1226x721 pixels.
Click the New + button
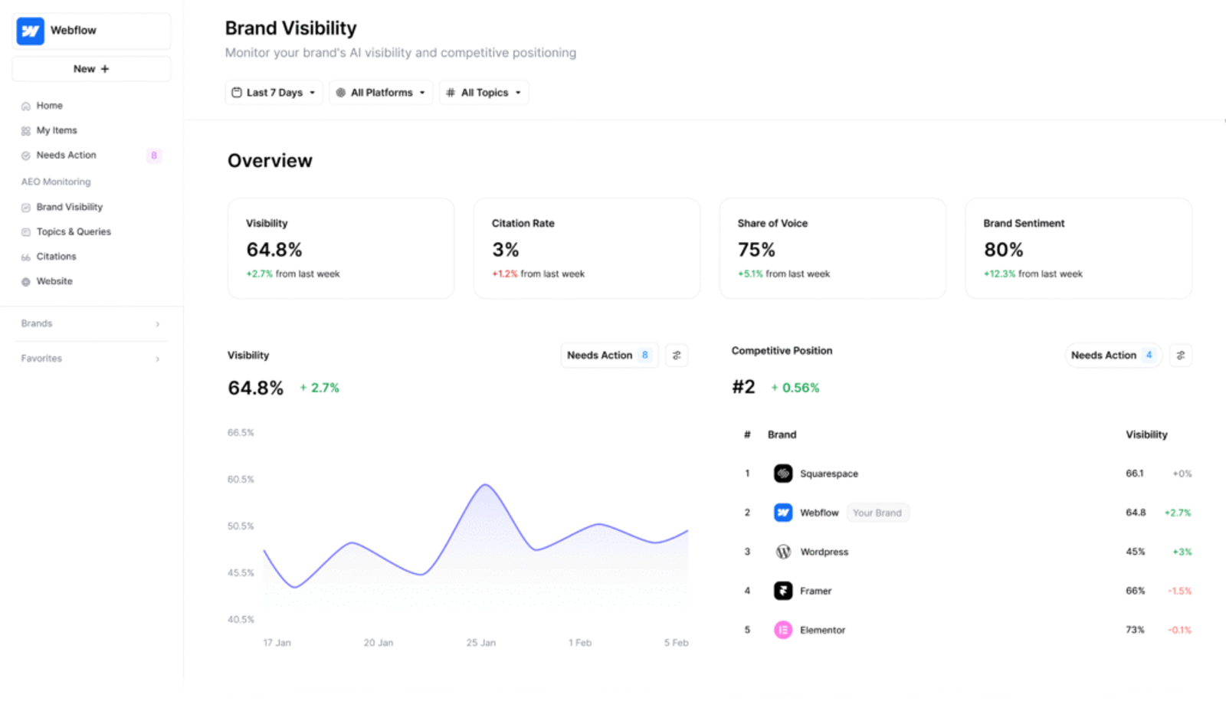pyautogui.click(x=91, y=69)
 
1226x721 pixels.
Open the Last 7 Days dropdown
pyautogui.click(x=274, y=93)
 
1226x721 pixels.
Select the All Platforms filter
pyautogui.click(x=381, y=93)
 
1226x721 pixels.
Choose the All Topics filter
pyautogui.click(x=484, y=93)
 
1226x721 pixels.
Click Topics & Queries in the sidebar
pyautogui.click(x=73, y=231)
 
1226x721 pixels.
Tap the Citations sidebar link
pyautogui.click(x=56, y=257)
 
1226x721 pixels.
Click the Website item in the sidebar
pyautogui.click(x=54, y=281)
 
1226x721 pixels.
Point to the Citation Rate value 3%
pyautogui.click(x=506, y=250)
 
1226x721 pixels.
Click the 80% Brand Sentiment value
pyautogui.click(x=1003, y=250)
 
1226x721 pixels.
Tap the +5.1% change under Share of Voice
pyautogui.click(x=750, y=274)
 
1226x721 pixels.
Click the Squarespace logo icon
pyautogui.click(x=783, y=474)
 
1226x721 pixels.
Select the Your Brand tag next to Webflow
pyautogui.click(x=877, y=513)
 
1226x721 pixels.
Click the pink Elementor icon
pyautogui.click(x=783, y=630)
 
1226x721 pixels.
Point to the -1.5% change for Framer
pyautogui.click(x=1179, y=591)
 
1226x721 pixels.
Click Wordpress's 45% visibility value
pyautogui.click(x=1135, y=552)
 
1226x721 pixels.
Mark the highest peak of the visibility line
pyautogui.click(x=484, y=485)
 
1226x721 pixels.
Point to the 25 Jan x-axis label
pyautogui.click(x=480, y=643)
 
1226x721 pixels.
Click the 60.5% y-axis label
pyautogui.click(x=241, y=480)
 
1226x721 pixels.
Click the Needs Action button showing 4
pyautogui.click(x=1113, y=356)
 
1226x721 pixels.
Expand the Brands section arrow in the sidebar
pyautogui.click(x=158, y=324)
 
